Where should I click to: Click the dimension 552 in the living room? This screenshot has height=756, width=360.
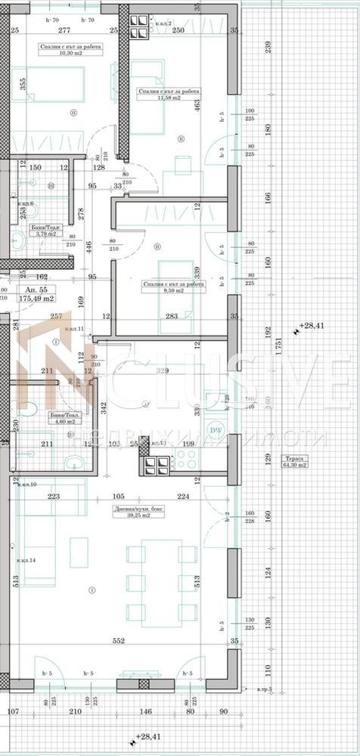(119, 640)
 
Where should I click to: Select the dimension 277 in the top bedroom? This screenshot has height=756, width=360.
(64, 30)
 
